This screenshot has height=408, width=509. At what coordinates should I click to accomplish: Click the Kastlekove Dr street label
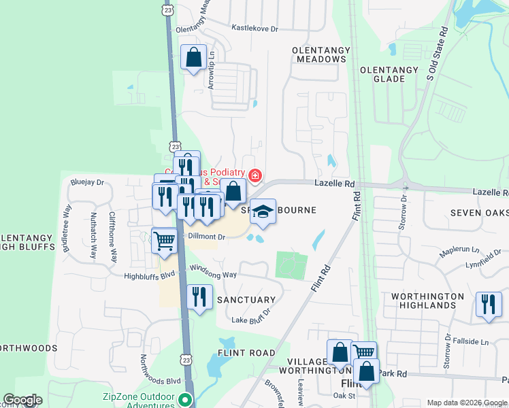[x=255, y=29]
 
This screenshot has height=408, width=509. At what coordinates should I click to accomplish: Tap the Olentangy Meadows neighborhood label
[x=320, y=54]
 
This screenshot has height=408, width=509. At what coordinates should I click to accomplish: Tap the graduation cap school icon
[x=262, y=213]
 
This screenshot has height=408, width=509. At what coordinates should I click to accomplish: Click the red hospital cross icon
[x=255, y=177]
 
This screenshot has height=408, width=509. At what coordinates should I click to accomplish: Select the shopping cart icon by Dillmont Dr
[x=165, y=241]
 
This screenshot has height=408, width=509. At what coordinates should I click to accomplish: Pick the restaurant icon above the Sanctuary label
[x=199, y=297]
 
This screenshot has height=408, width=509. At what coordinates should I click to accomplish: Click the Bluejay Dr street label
[x=87, y=182]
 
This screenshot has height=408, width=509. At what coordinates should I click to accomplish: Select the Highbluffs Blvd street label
[x=150, y=276]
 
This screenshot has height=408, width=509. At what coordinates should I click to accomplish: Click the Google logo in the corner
[x=23, y=400]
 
